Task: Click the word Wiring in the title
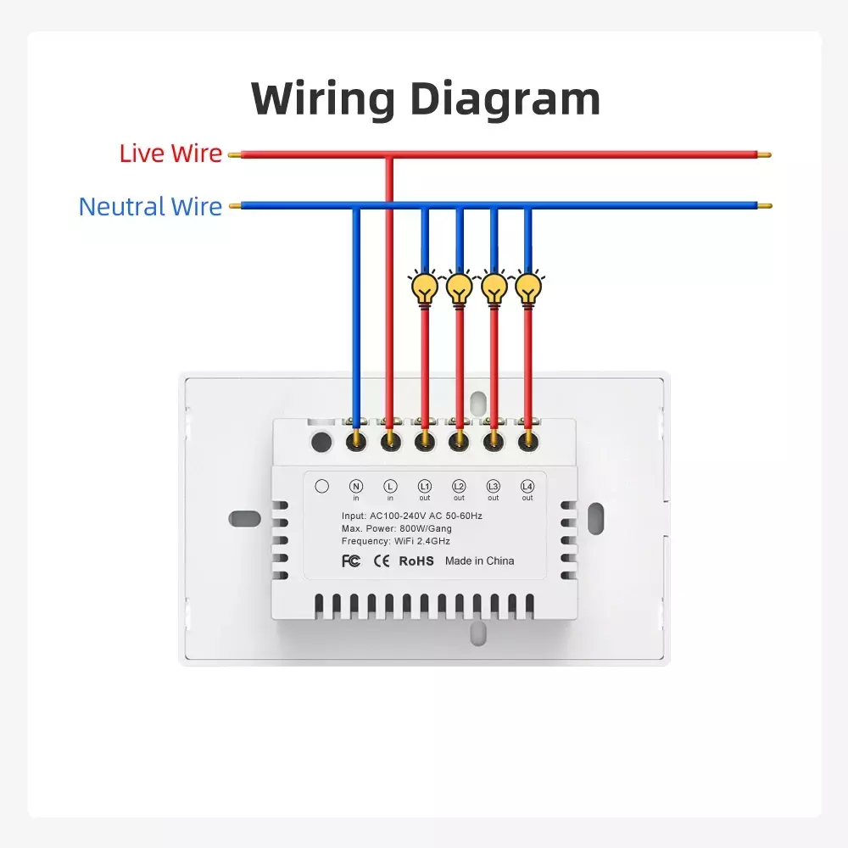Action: tap(323, 99)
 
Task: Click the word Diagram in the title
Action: tap(505, 99)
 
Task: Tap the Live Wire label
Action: tap(170, 153)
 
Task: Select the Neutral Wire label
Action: tap(150, 207)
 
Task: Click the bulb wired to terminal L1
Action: tap(425, 287)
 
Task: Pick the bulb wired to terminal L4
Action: tap(528, 287)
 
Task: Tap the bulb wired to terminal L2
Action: tap(459, 287)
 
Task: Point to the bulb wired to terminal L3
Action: tap(494, 287)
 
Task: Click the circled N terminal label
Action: tap(356, 486)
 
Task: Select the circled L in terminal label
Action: tap(390, 486)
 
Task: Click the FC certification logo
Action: tap(351, 561)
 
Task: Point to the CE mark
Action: tap(382, 561)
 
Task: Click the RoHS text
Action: tap(416, 561)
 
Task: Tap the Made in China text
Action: tap(480, 561)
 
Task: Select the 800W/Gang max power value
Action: tap(426, 528)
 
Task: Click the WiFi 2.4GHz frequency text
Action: tap(422, 541)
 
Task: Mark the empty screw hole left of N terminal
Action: tap(321, 442)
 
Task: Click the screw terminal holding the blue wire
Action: tap(356, 441)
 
